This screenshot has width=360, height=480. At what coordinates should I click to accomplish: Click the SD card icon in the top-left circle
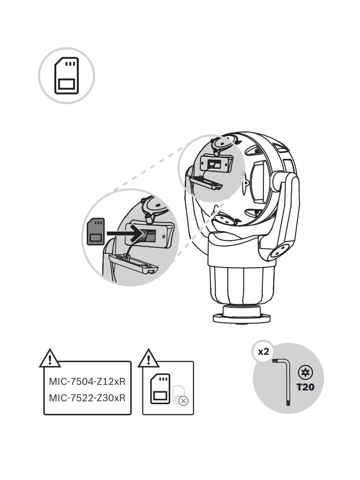66,76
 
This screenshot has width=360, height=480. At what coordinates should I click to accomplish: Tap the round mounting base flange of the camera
241,318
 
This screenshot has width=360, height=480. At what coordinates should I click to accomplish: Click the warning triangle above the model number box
50,359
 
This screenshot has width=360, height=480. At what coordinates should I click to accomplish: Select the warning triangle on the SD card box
149,359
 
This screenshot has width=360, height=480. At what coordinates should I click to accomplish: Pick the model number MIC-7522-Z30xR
87,398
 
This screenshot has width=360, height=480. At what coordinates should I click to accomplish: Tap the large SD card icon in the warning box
160,389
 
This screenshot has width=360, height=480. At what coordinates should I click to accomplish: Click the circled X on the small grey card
183,401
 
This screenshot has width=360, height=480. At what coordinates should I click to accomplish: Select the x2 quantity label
263,352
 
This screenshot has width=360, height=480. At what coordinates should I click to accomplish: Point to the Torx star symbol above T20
306,373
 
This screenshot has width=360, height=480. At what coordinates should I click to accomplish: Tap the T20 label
305,388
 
